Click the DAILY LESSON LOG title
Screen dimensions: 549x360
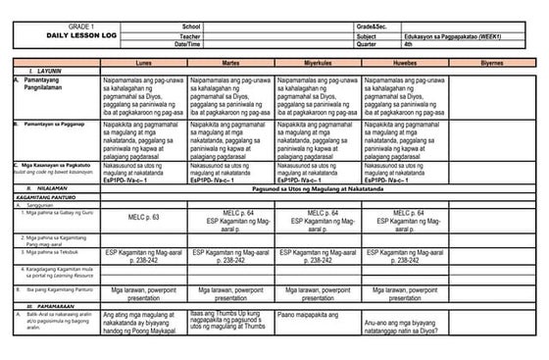[52, 33]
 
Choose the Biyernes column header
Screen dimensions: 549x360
[491, 60]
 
